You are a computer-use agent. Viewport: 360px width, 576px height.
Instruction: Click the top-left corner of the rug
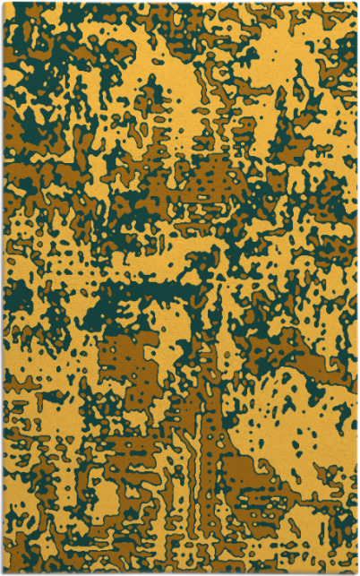3,3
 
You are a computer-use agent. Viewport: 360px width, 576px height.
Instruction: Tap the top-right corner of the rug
356,3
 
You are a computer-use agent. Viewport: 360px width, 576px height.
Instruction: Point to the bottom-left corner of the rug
3,572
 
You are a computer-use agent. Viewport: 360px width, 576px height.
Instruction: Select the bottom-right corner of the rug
356,572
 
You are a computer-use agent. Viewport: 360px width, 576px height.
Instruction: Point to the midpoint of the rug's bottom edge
179,572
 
